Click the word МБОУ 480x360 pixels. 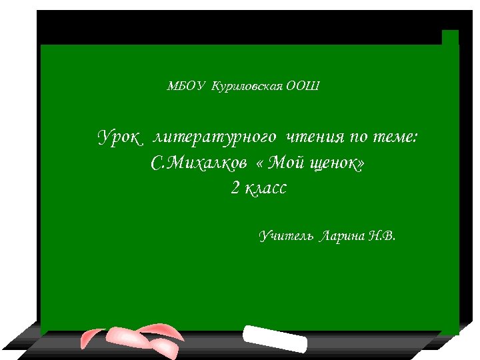pyautogui.click(x=186, y=86)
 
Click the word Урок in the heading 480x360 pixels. pyautogui.click(x=121, y=138)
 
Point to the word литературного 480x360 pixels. pyautogui.click(x=215, y=138)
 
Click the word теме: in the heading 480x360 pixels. pyautogui.click(x=396, y=138)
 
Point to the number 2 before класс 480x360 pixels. pyautogui.click(x=235, y=189)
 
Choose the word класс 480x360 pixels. pyautogui.click(x=265, y=189)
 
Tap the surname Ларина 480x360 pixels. pyautogui.click(x=342, y=236)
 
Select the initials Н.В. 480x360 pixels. pyautogui.click(x=381, y=236)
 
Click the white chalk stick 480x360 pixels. pyautogui.click(x=275, y=338)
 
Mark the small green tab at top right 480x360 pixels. pyautogui.click(x=450, y=38)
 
